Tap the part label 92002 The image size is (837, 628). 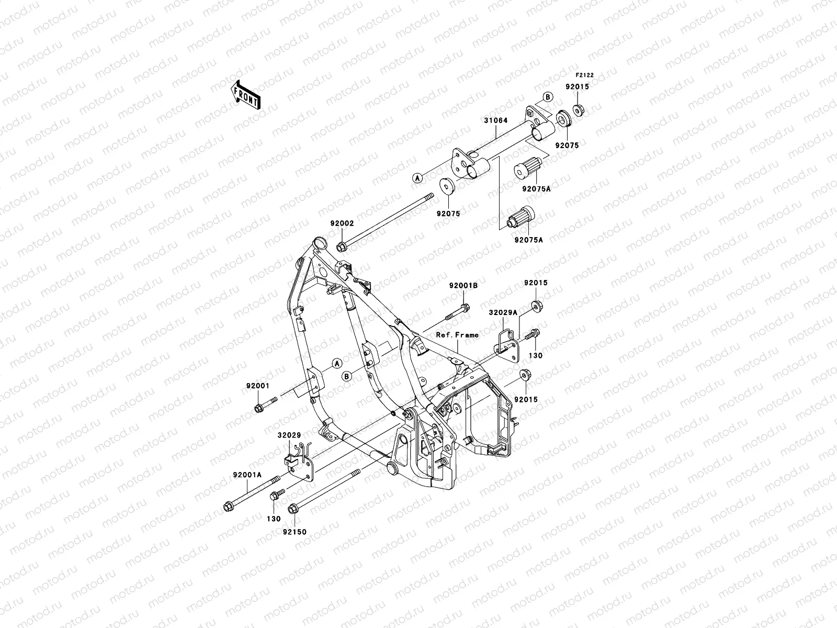point(342,223)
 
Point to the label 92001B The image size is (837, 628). point(463,286)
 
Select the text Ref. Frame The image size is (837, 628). point(458,334)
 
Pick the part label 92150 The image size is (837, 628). point(295,532)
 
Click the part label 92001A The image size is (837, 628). point(247,475)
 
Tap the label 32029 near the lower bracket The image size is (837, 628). point(289,435)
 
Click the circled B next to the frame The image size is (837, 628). point(346,375)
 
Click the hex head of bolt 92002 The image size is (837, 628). point(341,246)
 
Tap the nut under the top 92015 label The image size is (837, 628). point(579,110)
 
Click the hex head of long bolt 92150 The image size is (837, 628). point(293,507)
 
